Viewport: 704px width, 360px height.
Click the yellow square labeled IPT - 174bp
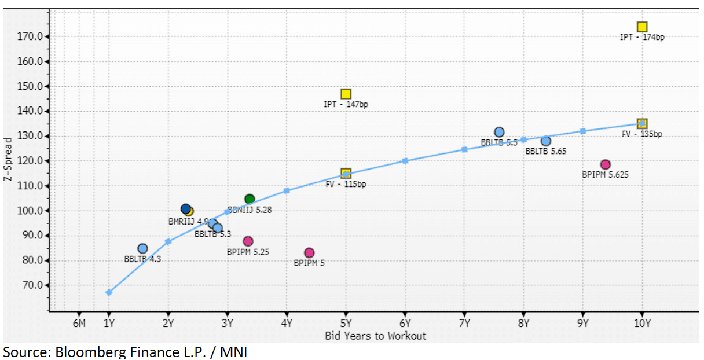click(642, 27)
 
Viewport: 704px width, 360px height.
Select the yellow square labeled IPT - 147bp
click(346, 94)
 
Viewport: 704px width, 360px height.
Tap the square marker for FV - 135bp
click(642, 123)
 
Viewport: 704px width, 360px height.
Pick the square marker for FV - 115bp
click(346, 173)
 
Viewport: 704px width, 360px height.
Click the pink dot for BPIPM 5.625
click(606, 164)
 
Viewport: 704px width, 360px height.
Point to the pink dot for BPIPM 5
click(309, 253)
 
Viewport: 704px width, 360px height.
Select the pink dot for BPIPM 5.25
click(248, 241)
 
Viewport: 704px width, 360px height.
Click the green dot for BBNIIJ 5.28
click(250, 199)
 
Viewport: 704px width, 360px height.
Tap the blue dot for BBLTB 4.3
click(142, 249)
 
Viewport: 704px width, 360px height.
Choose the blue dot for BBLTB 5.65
click(546, 141)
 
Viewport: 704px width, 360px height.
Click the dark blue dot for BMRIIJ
click(185, 209)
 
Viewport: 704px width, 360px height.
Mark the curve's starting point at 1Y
click(109, 292)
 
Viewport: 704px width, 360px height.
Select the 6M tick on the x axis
click(79, 323)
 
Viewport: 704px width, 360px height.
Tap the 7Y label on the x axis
click(464, 323)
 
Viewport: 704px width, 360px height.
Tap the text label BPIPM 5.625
click(605, 174)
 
